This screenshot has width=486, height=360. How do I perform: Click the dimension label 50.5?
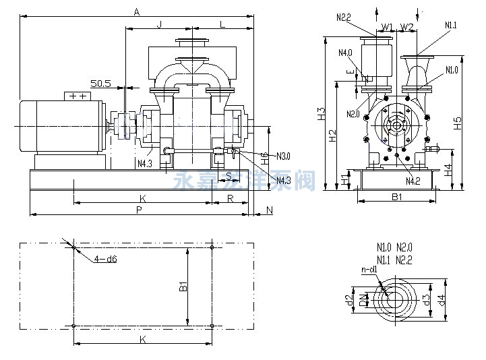pos(100,84)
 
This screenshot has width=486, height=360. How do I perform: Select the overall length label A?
pos(137,11)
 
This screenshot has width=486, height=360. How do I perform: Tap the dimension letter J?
pos(159,24)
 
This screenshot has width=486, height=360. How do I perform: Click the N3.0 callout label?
pos(283,156)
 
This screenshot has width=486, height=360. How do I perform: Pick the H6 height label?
pos(266,159)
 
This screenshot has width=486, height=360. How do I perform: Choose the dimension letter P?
pos(139,210)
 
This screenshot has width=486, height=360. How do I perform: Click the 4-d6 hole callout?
pos(104,258)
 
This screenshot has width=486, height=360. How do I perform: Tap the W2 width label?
pos(407,27)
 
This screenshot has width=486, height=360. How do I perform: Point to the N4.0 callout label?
pos(346,53)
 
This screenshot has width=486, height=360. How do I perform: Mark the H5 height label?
pos(458,123)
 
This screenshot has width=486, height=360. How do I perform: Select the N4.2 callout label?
pos(413,181)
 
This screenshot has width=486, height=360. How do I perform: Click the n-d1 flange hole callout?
pos(369,269)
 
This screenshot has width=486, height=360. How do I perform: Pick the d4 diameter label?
pos(442,297)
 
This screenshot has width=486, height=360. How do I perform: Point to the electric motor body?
pos(61,126)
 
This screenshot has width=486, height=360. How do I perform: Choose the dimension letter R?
pos(231,198)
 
